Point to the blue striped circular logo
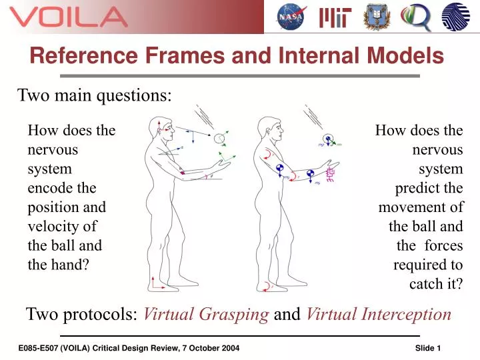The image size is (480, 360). click(456, 17)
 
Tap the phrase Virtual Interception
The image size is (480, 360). click(379, 314)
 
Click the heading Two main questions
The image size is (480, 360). click(94, 95)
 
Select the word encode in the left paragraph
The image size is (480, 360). click(61, 188)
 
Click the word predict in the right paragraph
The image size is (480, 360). click(429, 188)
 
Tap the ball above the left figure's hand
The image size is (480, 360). click(219, 139)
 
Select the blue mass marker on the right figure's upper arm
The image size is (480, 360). click(281, 167)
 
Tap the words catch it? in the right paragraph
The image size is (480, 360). click(436, 283)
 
